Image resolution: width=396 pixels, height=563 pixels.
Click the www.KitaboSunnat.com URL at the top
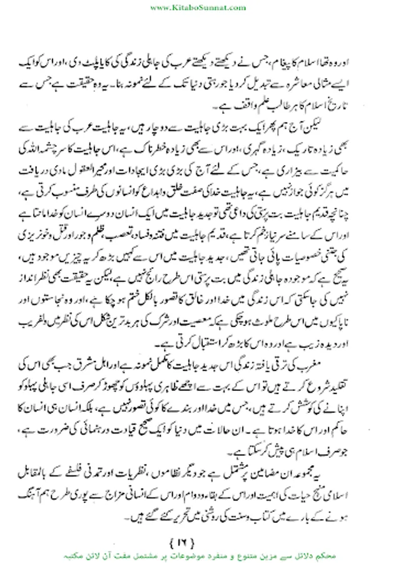pos(198,8)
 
